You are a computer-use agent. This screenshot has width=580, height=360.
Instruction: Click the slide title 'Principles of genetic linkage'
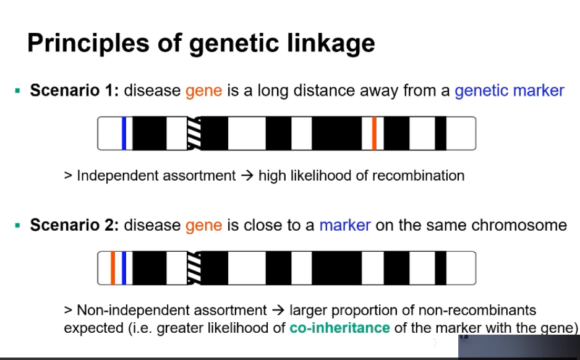[x=201, y=43]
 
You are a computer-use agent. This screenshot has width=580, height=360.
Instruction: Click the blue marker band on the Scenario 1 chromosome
[x=124, y=133]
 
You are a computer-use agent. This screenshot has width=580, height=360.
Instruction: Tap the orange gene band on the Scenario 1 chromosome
[x=374, y=133]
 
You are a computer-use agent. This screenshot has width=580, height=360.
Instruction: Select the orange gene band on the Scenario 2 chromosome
[x=113, y=268]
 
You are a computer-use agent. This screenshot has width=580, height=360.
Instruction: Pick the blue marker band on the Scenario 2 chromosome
[x=124, y=268]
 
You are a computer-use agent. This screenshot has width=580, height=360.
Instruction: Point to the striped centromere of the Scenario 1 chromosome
[x=194, y=133]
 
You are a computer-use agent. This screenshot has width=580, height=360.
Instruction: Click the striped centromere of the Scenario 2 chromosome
[x=194, y=268]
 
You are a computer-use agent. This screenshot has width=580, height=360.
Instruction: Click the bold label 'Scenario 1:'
[x=74, y=91]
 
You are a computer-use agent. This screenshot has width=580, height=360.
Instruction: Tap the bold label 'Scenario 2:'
[x=74, y=225]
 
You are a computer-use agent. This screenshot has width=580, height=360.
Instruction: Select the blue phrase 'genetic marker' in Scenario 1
[x=509, y=91]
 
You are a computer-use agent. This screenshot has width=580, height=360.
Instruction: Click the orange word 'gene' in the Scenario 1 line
[x=203, y=92]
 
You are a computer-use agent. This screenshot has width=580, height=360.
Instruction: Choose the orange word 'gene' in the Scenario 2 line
[x=203, y=226]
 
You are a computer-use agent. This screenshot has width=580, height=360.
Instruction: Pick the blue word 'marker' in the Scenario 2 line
[x=345, y=225]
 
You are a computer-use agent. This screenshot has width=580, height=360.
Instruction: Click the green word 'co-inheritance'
[x=339, y=327]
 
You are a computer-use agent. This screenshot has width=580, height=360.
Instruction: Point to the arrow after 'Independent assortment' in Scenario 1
[x=247, y=176]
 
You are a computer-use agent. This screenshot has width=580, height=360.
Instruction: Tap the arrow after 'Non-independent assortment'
[x=278, y=310]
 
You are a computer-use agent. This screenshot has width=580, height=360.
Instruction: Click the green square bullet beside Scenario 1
[x=18, y=91]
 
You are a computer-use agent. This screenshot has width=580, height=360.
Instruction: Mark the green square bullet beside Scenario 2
[x=18, y=225]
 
